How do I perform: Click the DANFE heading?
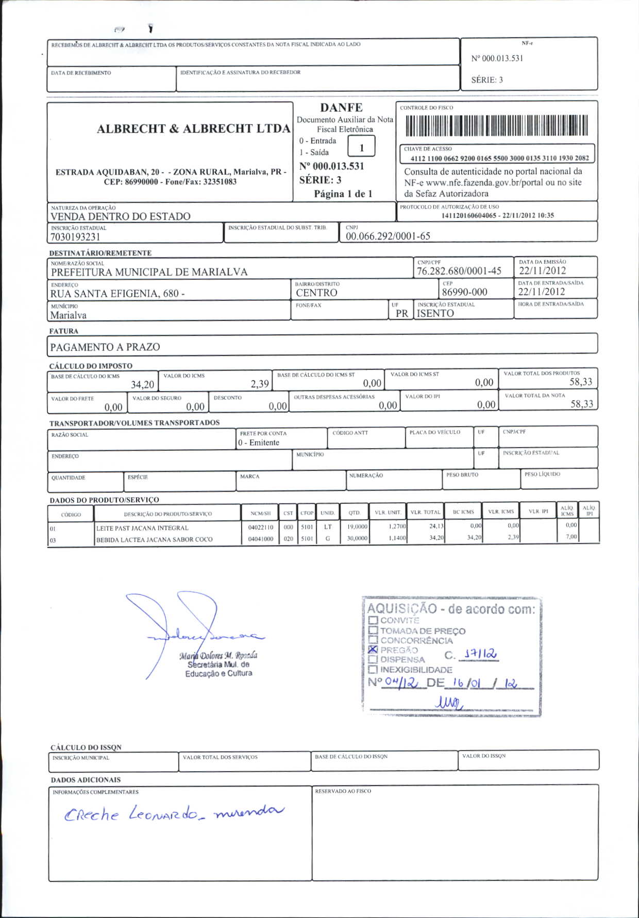[x=341, y=108]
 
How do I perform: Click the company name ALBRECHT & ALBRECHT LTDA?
[x=193, y=129]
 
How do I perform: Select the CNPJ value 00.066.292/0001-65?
[x=388, y=236]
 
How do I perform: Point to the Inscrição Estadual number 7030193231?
[x=75, y=237]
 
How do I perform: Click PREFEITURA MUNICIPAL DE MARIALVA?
[x=149, y=272]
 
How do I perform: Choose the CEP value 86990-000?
[x=464, y=292]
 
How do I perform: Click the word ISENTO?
[x=435, y=313]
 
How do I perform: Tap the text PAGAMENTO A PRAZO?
[x=105, y=347]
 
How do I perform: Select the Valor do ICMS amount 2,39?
[x=260, y=384]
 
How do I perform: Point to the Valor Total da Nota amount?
[x=581, y=404]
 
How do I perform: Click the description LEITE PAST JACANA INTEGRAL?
[x=142, y=528]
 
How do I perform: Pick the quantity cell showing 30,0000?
[x=357, y=538]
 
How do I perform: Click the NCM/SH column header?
[x=260, y=514]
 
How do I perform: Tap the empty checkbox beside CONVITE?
[x=374, y=621]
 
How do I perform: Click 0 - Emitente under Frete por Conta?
[x=259, y=443]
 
